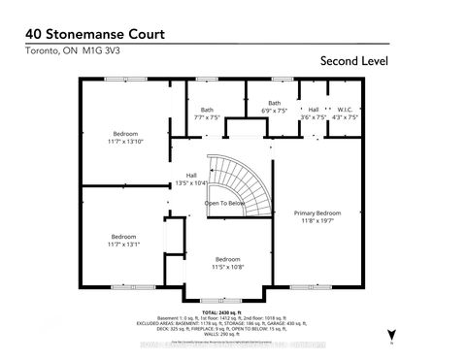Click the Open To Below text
[222, 203]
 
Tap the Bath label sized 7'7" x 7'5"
[207, 110]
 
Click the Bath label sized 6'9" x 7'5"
[275, 103]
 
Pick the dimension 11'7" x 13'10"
[124, 142]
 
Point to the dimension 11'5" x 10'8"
[228, 267]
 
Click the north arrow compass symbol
[390, 328]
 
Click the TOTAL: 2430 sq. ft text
[232, 311]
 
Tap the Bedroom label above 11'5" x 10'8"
[228, 259]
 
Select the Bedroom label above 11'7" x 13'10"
[124, 133]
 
